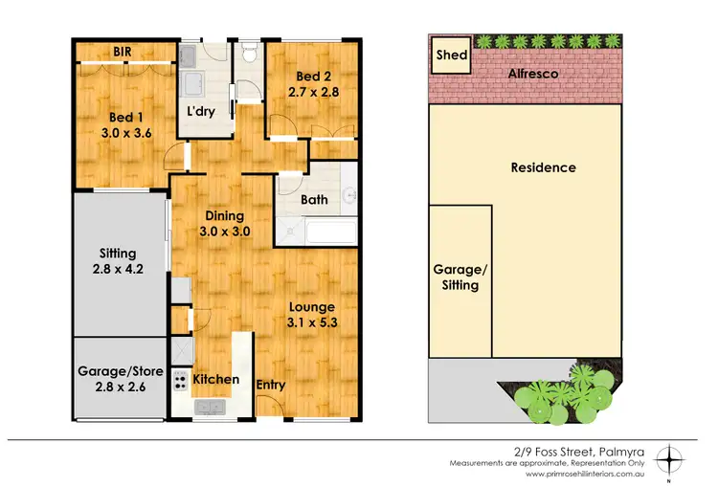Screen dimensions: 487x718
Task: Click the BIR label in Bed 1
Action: coord(122,52)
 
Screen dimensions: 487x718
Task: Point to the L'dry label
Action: coord(200,110)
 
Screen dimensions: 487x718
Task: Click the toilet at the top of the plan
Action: coord(250,54)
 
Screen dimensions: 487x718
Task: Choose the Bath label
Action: coord(315,200)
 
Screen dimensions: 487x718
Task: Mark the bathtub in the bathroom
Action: coord(317,231)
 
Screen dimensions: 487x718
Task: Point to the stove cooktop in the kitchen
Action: coord(179,383)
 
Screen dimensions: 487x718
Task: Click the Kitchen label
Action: coord(215,379)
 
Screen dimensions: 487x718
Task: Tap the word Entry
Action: coord(271,385)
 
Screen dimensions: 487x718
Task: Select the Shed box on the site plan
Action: coord(451,55)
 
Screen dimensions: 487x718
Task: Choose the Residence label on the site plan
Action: coord(543,167)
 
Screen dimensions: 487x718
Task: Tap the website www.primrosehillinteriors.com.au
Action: coord(589,474)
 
